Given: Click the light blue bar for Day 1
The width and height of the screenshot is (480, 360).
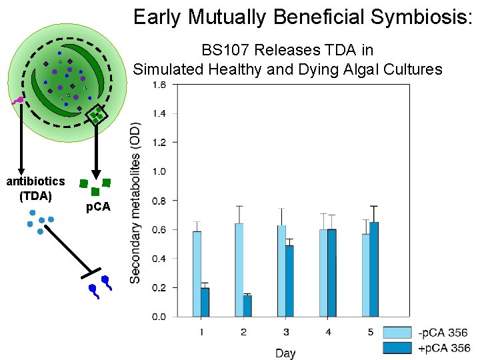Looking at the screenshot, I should [197, 273].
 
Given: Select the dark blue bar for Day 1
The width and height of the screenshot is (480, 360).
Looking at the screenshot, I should [205, 302].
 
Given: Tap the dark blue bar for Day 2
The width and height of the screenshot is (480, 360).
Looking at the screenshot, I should [247, 306].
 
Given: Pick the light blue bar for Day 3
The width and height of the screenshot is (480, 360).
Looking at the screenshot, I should [281, 271].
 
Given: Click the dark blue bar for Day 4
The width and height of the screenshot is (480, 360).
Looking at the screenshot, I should [331, 273].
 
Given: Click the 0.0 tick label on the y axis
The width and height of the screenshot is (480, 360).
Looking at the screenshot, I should [159, 317].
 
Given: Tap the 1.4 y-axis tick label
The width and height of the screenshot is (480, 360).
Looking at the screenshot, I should [159, 113].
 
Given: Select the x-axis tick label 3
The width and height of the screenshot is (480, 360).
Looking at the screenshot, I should [285, 332].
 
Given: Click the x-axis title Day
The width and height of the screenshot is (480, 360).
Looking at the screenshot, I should [285, 353].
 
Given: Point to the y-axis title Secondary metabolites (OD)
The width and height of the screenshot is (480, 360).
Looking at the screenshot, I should [135, 202].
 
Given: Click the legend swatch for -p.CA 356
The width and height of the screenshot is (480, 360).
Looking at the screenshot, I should [396, 333].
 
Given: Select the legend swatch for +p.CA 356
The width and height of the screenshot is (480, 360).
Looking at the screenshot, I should [396, 347].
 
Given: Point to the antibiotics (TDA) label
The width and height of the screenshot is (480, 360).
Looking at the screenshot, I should [35, 187].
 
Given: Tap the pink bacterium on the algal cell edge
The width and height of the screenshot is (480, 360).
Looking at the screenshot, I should [19, 101].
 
